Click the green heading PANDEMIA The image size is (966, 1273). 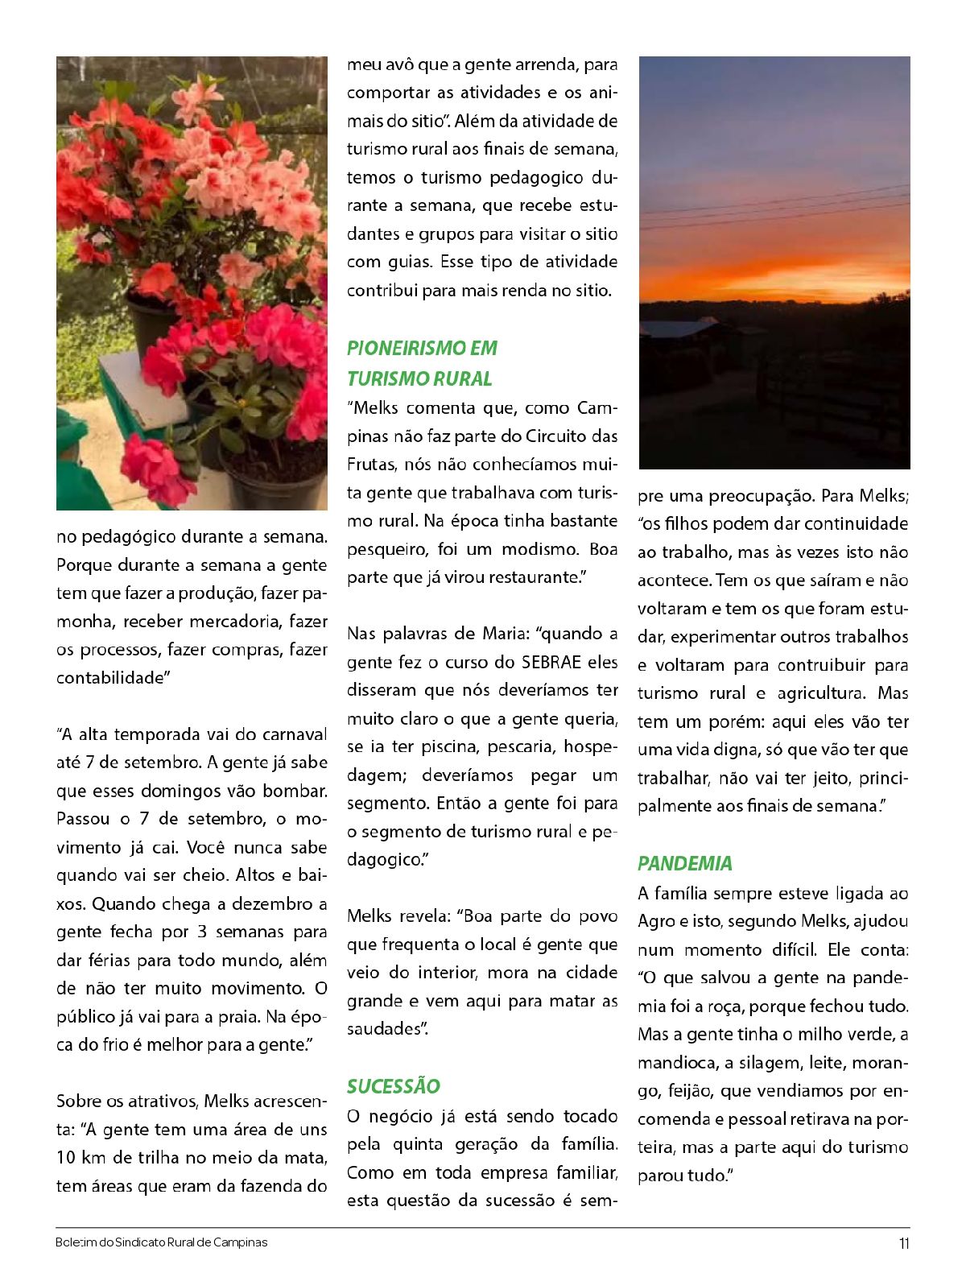point(684,863)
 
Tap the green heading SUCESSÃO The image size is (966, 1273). point(394,1086)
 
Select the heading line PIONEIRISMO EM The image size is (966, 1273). point(422,348)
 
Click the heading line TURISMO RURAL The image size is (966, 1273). point(419,378)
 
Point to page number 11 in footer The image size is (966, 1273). point(904,1242)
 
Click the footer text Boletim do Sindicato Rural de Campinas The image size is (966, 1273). point(161,1242)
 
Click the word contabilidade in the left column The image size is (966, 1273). point(109,678)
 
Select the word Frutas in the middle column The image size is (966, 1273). point(371,465)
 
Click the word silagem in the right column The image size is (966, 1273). point(765,1063)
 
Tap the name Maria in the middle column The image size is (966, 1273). point(503,634)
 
